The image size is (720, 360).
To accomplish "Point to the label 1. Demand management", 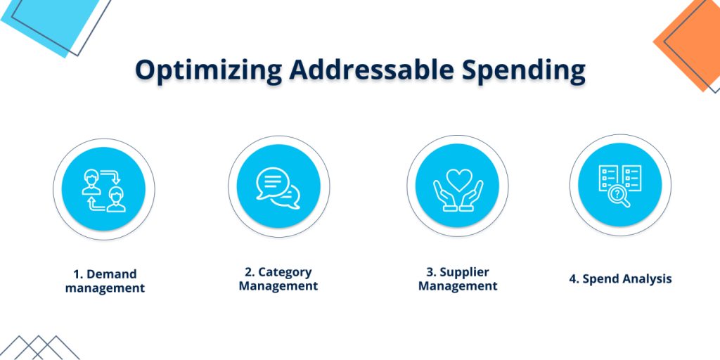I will (x=105, y=281).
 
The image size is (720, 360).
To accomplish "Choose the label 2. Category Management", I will (x=278, y=278).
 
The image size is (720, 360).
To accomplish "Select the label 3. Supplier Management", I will (x=458, y=278).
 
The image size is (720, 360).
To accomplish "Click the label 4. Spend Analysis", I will (x=620, y=279).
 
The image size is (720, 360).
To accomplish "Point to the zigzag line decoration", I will (x=42, y=347).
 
